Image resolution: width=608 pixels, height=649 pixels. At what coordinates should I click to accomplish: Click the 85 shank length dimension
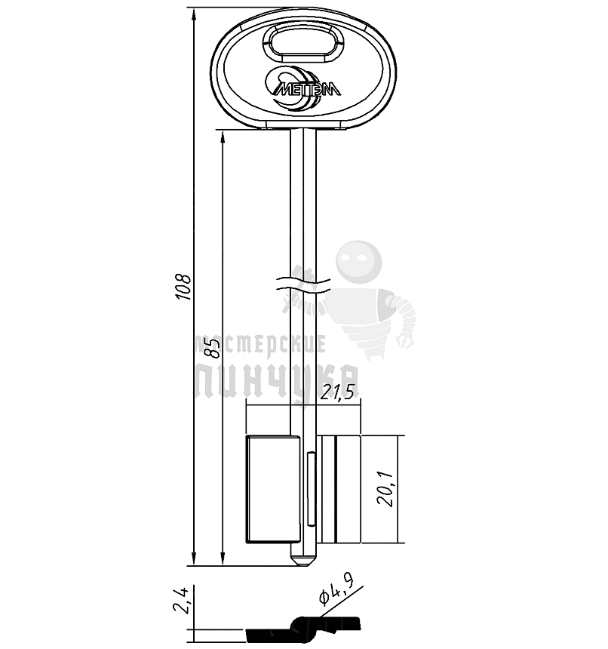(212, 348)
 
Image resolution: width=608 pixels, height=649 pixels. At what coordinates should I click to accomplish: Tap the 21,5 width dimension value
(338, 392)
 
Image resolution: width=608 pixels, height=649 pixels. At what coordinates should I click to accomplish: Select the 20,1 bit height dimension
(385, 489)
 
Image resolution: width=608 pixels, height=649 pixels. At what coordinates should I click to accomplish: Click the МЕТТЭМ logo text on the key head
(308, 89)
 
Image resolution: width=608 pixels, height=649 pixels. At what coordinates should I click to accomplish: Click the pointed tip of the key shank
(303, 564)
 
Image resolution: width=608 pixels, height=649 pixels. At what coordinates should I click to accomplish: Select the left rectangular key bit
(273, 489)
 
